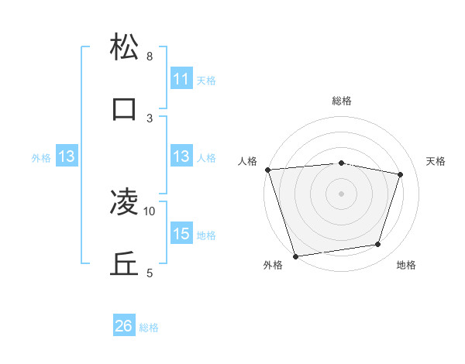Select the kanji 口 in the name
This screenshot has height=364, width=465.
click(125, 109)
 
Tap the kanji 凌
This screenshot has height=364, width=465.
click(125, 202)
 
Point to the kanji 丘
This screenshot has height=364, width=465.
click(125, 264)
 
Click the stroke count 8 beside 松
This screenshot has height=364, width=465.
click(149, 57)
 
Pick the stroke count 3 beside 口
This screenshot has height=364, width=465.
click(149, 118)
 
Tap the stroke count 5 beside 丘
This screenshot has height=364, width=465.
click(149, 273)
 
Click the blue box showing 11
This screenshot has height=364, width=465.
click(181, 79)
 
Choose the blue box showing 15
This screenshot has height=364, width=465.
click(181, 234)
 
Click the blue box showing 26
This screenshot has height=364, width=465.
click(124, 326)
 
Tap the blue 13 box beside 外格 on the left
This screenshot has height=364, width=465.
click(67, 156)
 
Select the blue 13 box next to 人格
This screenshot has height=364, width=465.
click(181, 156)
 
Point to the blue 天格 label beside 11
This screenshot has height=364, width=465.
click(206, 80)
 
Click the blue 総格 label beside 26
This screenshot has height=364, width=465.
click(149, 328)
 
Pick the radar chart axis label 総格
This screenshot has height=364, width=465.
click(342, 101)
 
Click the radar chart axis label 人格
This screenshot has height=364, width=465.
click(248, 161)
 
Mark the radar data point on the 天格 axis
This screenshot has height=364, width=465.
click(401, 175)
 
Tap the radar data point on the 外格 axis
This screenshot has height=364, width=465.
click(295, 256)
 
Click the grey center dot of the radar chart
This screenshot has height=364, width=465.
click(342, 193)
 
